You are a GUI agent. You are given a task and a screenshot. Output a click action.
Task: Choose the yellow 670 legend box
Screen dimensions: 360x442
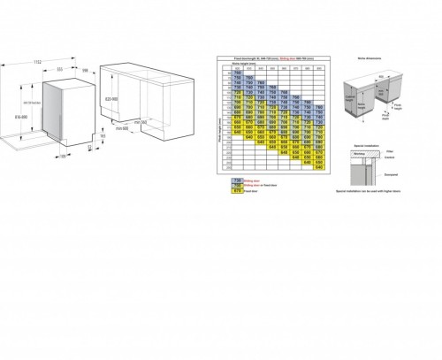click(x=238, y=190)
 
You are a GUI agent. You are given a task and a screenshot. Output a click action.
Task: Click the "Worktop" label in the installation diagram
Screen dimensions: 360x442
click(x=362, y=153)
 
